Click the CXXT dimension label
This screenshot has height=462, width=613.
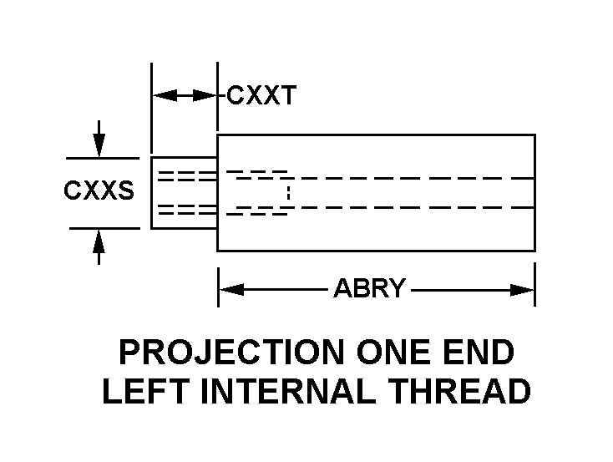click(x=261, y=95)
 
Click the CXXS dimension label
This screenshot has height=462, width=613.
click(x=99, y=191)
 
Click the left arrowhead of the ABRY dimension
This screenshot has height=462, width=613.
click(x=229, y=289)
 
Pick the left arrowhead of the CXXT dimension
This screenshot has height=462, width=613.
click(x=164, y=95)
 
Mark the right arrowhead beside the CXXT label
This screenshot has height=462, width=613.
click(x=205, y=95)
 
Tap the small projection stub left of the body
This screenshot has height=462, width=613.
click(x=184, y=192)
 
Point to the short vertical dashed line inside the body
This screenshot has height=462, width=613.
click(x=288, y=193)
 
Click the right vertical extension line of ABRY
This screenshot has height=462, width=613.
click(x=534, y=284)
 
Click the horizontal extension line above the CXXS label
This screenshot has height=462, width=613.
click(x=102, y=157)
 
